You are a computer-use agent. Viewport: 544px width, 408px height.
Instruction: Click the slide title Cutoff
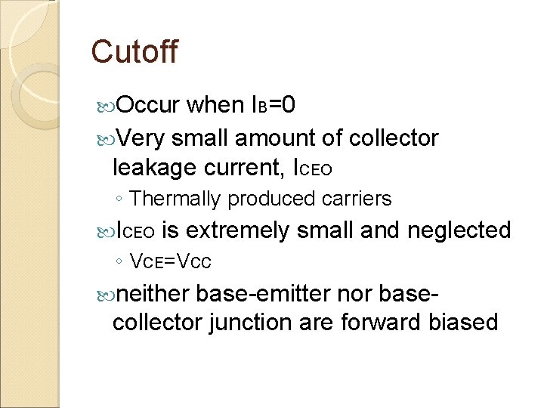tap(134, 52)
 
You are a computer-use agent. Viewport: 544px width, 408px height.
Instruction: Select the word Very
tap(141, 138)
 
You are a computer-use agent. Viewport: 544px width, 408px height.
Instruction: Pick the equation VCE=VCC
tap(171, 262)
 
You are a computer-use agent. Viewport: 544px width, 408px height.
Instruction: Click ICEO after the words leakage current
tap(311, 169)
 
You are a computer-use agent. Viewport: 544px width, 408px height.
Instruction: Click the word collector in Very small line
tap(394, 138)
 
